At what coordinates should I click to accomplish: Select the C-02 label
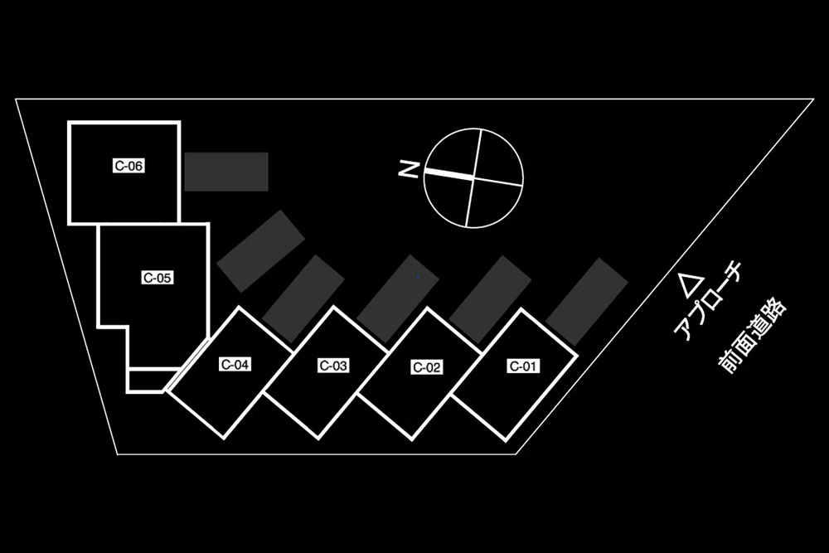(x=426, y=368)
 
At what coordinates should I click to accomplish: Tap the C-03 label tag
(x=333, y=365)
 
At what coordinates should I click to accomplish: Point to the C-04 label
(x=235, y=364)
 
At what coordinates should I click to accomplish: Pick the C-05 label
(x=157, y=278)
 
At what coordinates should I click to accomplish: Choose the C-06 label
(x=129, y=166)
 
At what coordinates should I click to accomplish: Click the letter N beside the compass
(x=408, y=170)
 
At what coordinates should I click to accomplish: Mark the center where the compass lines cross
(x=473, y=178)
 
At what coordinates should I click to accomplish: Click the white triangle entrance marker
(x=691, y=285)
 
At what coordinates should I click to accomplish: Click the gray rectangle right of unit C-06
(x=226, y=172)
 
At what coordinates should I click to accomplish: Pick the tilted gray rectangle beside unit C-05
(x=261, y=250)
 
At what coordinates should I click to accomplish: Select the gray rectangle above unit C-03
(x=398, y=298)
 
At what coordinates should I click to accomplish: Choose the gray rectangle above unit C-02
(x=490, y=299)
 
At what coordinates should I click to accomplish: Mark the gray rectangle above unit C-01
(x=586, y=301)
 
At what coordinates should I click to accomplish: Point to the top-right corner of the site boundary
(x=812, y=99)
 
